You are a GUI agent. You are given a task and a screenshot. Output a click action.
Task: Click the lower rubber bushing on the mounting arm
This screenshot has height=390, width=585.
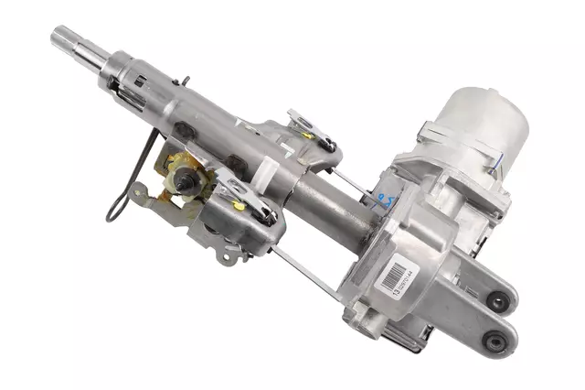coord(496,343)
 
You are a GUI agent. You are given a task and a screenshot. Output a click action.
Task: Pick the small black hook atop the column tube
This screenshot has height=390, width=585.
coord(184,81)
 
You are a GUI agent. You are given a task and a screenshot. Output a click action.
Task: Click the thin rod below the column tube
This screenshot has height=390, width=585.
coord(302,265)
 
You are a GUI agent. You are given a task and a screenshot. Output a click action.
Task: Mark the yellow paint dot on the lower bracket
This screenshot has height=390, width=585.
coord(239,207)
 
